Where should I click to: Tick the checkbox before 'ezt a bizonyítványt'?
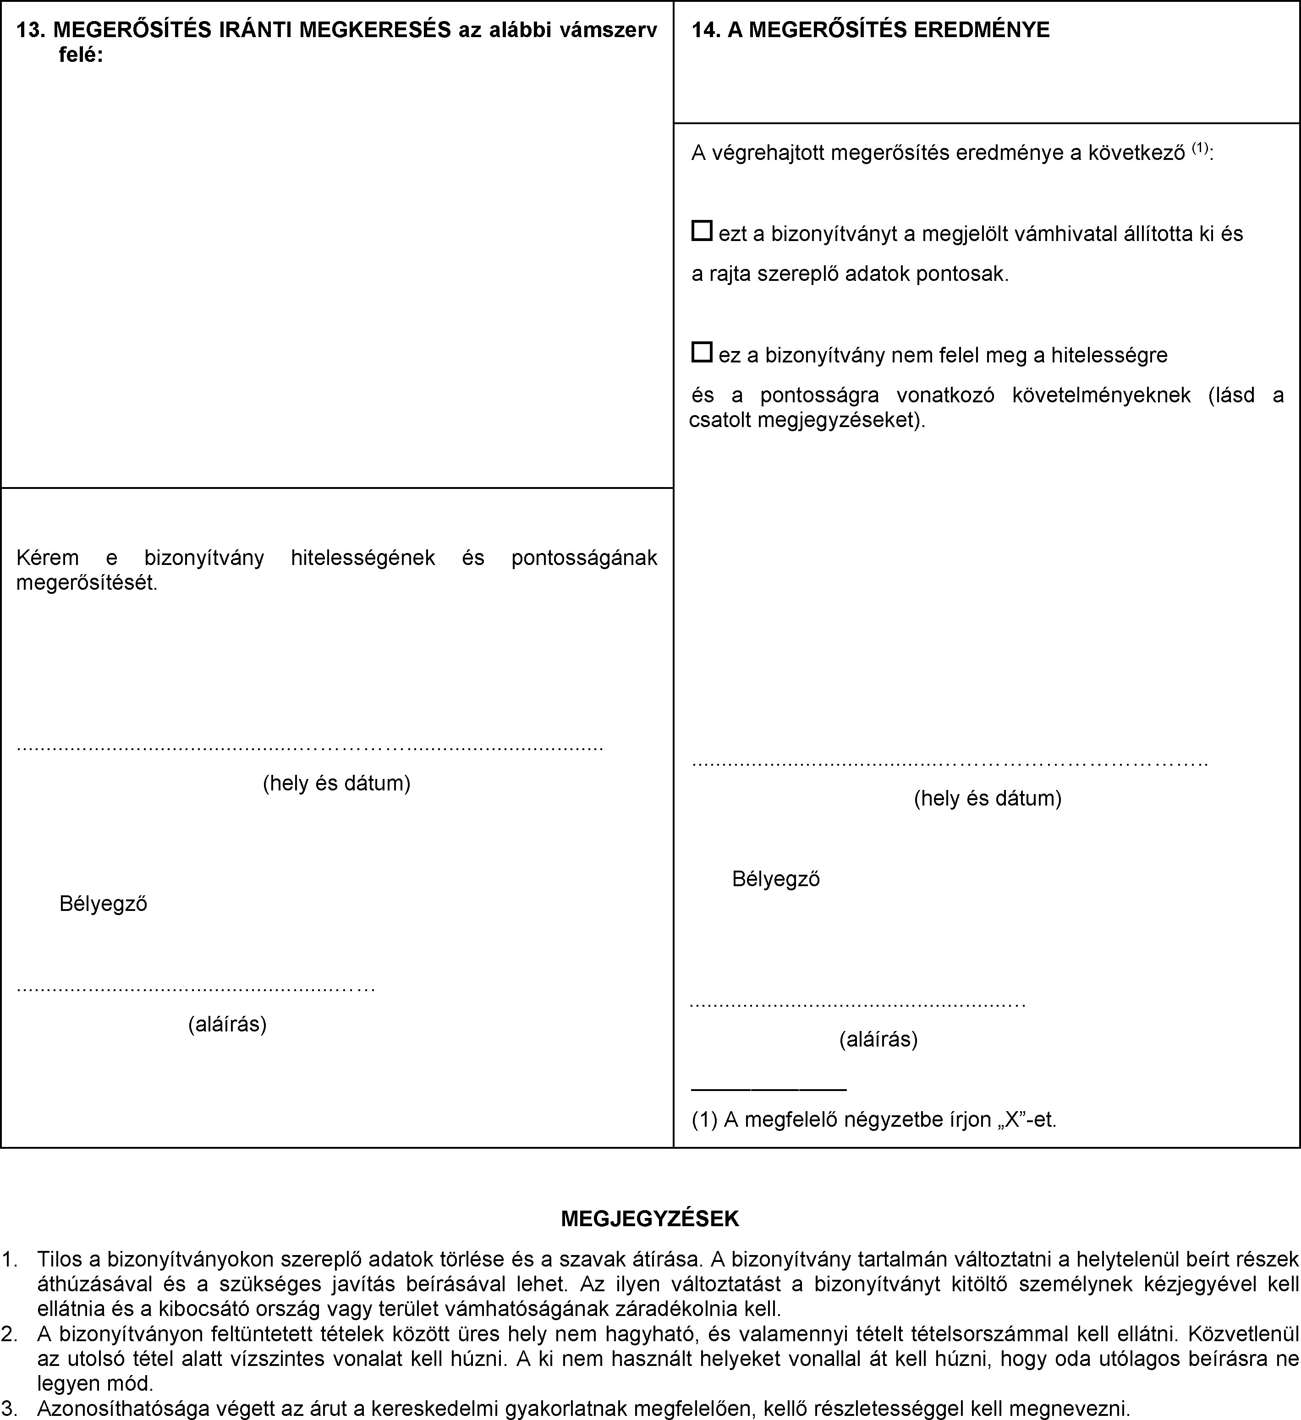[x=702, y=231]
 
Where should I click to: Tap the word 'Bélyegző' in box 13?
[x=104, y=904]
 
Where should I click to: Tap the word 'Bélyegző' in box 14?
[x=775, y=878]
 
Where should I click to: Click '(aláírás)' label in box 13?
[x=227, y=1024]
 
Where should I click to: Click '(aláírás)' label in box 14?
[x=878, y=1039]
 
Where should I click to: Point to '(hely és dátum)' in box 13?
[x=337, y=783]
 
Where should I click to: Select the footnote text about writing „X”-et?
[x=873, y=1119]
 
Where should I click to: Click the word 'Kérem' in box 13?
[x=47, y=558]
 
